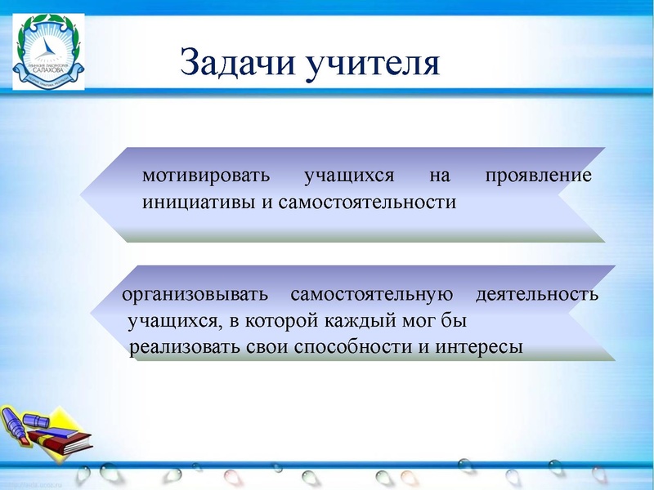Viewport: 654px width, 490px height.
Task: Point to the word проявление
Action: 538,176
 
